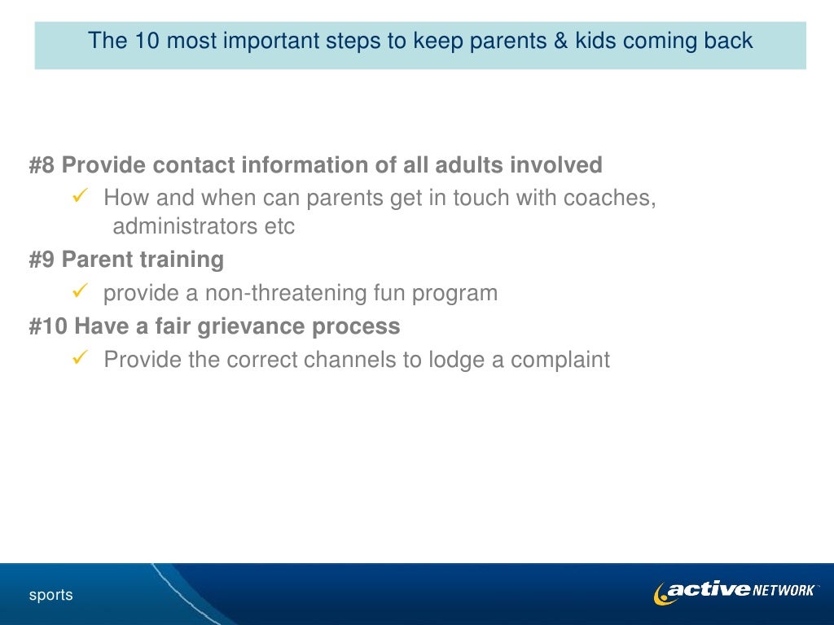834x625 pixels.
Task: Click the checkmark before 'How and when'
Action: [x=80, y=197]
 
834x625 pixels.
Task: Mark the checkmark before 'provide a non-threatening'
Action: [x=80, y=291]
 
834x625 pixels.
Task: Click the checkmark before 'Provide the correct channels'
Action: [x=80, y=358]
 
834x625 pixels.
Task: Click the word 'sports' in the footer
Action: [x=51, y=595]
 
